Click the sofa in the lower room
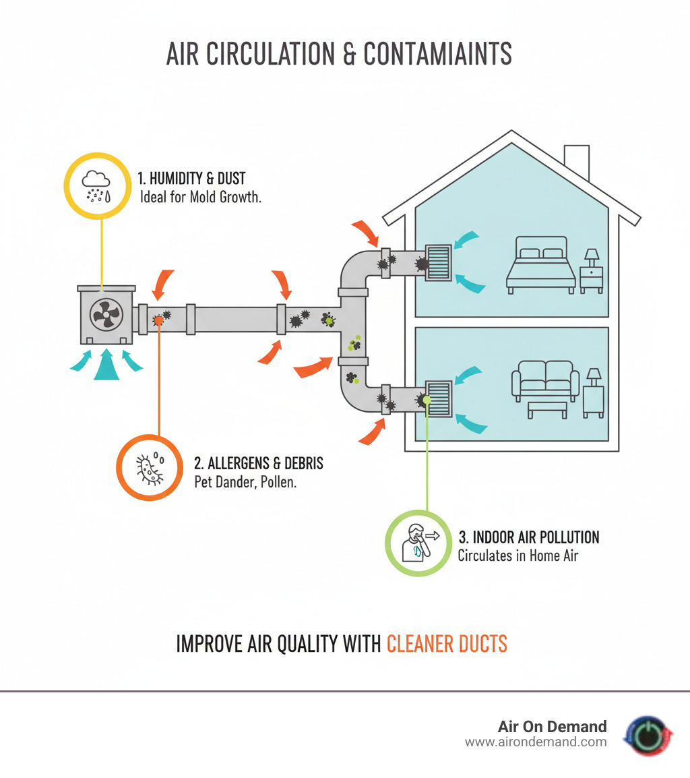pos(545,379)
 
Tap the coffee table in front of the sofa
pos(546,409)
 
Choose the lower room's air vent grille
pos(440,400)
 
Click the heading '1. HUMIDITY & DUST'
pos(191,179)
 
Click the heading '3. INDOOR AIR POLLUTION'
pos(528,537)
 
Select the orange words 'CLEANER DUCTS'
pos(447,644)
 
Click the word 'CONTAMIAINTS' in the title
pos(437,54)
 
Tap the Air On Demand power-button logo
pos(649,736)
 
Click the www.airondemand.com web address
pos(536,742)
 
